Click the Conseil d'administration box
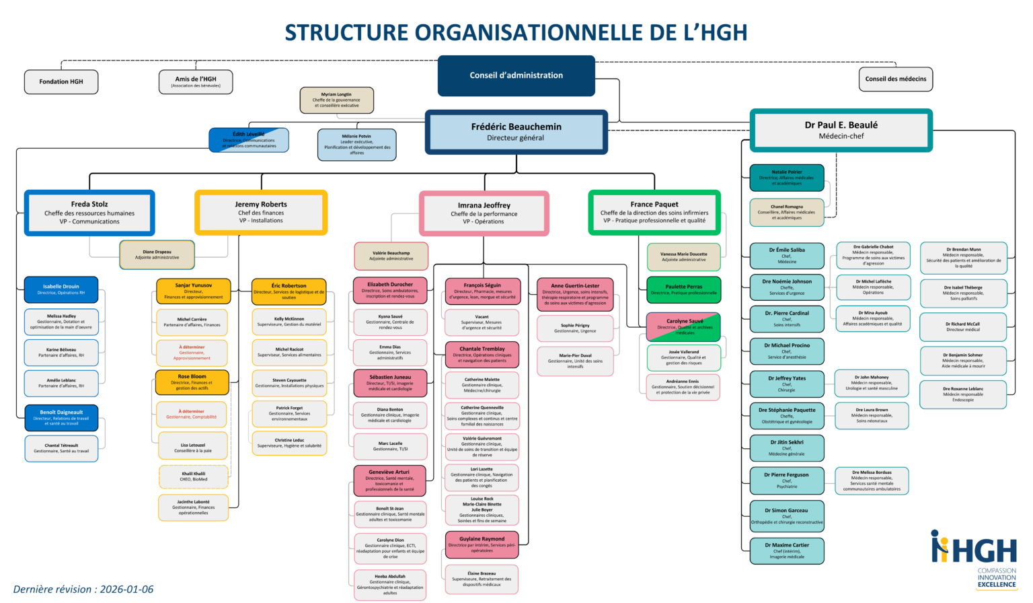516,75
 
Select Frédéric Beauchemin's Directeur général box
516,132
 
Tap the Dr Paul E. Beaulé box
841,130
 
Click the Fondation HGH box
61,81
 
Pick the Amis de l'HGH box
196,81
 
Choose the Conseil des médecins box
895,79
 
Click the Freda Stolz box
89,213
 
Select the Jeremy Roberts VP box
261,212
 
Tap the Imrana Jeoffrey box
484,213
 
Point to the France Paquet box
654,212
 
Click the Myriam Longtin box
336,100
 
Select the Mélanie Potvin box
356,145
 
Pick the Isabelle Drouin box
61,289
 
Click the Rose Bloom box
192,382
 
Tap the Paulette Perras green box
683,289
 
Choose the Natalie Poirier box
786,178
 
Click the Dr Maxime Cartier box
786,551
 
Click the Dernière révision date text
83,590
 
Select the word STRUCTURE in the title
346,32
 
